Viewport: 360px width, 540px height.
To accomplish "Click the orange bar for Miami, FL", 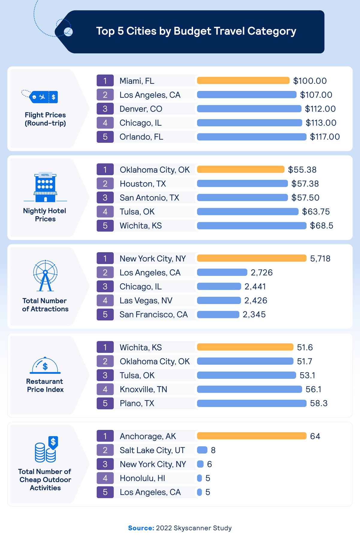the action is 243,81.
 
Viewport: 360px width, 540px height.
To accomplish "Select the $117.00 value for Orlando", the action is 325,137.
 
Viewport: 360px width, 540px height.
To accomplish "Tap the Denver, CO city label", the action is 141,109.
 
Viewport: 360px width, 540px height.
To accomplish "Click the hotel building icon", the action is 45,187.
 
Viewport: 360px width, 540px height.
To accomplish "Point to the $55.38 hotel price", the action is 302,170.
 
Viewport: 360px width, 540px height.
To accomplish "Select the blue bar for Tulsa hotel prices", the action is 248,211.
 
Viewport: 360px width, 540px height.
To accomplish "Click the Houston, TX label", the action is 143,184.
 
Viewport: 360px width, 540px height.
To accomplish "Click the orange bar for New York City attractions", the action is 252,258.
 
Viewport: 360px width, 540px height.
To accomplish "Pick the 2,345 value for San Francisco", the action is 254,314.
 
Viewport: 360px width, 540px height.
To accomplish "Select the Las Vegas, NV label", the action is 146,301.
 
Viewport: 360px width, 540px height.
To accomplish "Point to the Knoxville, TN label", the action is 143,389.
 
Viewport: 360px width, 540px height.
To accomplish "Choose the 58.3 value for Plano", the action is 319,403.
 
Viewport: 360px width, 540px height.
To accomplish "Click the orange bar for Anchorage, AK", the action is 252,436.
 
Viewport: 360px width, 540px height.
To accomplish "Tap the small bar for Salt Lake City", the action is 202,450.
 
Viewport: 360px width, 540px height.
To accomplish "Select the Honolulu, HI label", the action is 142,478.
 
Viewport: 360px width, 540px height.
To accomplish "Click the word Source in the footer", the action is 141,528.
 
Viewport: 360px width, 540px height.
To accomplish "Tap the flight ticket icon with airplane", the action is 40,96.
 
